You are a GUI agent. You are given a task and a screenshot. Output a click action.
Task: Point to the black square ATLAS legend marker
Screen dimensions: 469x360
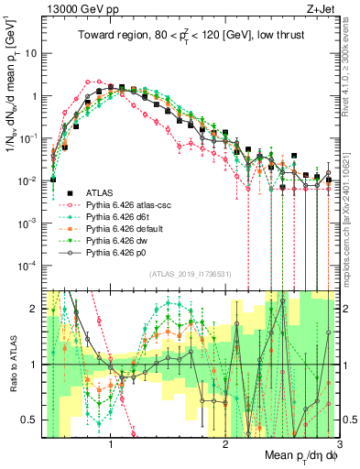tap(70, 193)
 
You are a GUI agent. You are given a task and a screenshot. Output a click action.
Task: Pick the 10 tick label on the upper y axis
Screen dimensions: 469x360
tap(32, 52)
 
